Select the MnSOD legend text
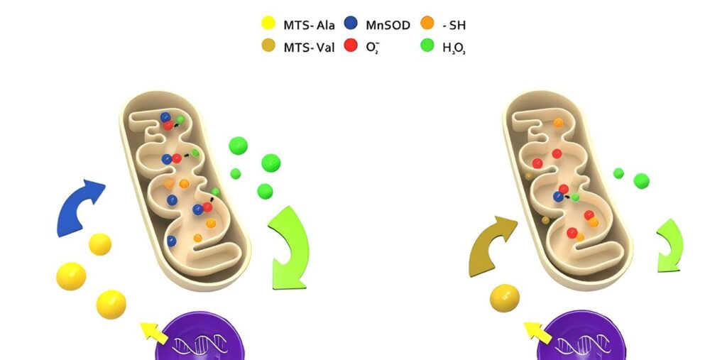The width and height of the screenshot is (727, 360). tap(388, 25)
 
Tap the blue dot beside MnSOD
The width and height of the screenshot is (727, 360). tap(349, 24)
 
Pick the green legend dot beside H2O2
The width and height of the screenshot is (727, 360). tap(427, 47)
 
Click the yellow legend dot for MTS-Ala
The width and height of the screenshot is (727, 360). tap(268, 24)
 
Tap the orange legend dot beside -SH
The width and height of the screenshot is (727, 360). tap(427, 24)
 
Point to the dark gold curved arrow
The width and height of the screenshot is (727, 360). tap(492, 245)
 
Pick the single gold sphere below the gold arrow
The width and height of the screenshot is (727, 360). tap(505, 298)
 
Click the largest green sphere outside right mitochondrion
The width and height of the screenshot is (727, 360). tap(641, 180)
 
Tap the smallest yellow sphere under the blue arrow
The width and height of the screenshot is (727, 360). tap(100, 244)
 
